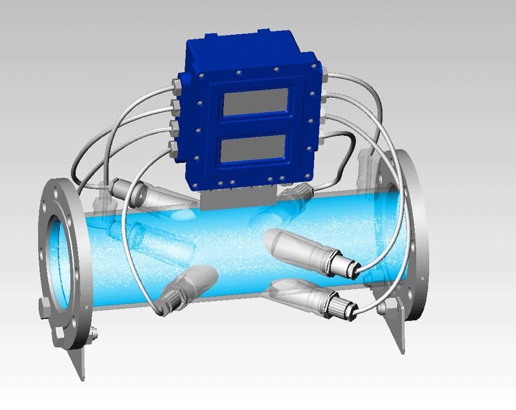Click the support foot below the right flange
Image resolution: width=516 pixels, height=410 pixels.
[x=397, y=335]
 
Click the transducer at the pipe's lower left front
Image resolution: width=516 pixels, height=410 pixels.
[x=181, y=288]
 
